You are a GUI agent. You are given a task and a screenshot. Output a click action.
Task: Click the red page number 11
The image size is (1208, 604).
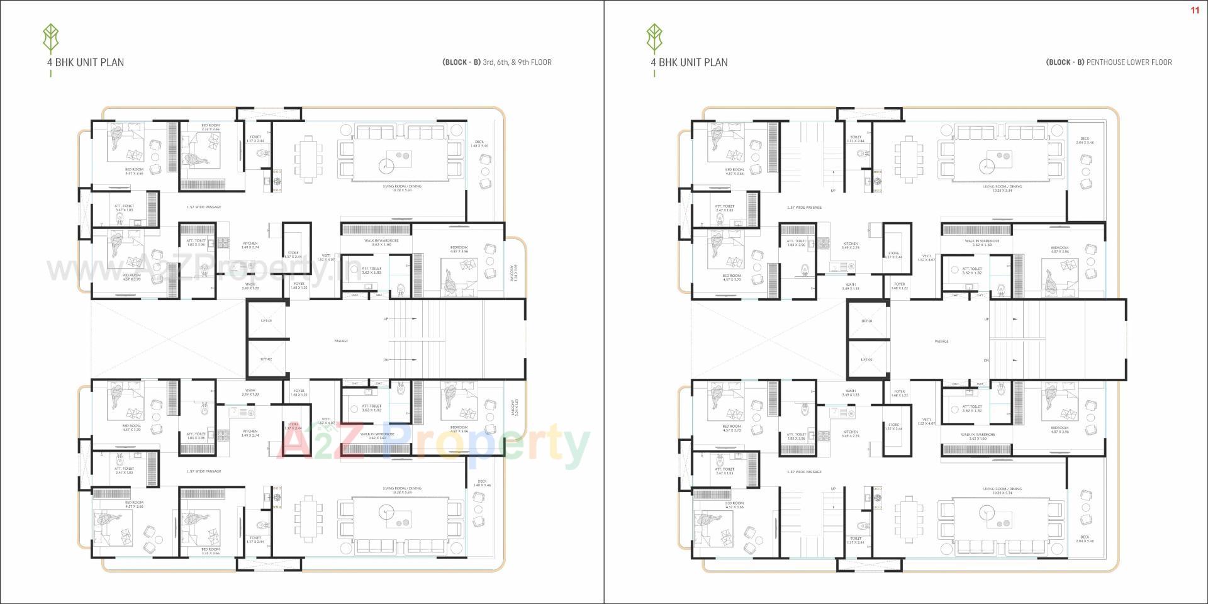tap(1195, 10)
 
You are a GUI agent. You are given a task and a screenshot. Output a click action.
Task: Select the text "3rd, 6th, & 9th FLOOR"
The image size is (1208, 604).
tap(517, 62)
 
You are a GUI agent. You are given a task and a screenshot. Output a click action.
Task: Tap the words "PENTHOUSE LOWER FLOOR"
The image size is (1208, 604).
tap(1129, 62)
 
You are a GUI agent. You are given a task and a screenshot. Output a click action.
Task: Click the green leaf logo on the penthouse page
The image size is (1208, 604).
tap(654, 39)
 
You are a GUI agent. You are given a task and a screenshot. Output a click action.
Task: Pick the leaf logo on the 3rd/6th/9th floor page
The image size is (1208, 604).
tap(50, 39)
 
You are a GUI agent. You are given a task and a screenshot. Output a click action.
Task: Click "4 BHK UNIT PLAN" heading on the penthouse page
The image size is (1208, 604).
tap(689, 62)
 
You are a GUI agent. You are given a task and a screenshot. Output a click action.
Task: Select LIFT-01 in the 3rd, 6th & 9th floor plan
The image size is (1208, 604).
tap(266, 321)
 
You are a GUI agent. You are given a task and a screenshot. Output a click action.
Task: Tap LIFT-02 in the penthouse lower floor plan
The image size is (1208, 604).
tap(866, 360)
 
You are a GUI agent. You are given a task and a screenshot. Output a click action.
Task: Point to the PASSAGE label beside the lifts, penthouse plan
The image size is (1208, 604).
tap(941, 342)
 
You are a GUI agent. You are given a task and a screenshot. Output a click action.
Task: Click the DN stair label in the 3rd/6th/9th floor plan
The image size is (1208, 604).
tap(386, 360)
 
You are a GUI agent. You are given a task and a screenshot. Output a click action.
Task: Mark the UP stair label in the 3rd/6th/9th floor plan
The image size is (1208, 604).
tap(386, 319)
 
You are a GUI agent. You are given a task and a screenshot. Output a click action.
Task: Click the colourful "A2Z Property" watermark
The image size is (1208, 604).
tap(434, 445)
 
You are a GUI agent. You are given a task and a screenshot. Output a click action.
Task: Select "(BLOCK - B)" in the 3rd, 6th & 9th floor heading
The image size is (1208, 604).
tap(461, 62)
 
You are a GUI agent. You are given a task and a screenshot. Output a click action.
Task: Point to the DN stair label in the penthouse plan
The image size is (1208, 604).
tap(986, 360)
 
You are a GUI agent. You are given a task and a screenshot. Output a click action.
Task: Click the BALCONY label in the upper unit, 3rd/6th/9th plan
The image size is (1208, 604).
tap(515, 272)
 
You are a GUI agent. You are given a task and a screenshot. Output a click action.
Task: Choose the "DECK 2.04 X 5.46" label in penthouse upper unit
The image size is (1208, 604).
tap(1085, 140)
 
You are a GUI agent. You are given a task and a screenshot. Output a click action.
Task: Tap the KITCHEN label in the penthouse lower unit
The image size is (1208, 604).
tap(851, 433)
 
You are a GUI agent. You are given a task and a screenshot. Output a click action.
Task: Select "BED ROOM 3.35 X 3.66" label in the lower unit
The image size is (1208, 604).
tap(211, 551)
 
